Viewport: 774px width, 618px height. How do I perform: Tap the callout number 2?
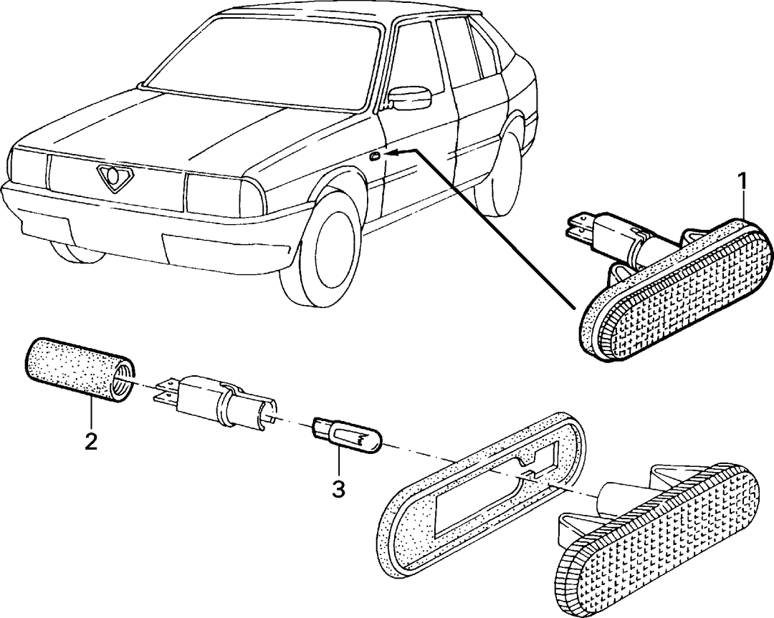point(91,441)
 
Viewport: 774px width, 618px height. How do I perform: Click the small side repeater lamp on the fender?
point(375,157)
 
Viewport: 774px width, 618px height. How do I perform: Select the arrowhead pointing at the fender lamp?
point(393,153)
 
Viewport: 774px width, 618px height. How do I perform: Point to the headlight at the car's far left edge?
point(28,168)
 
